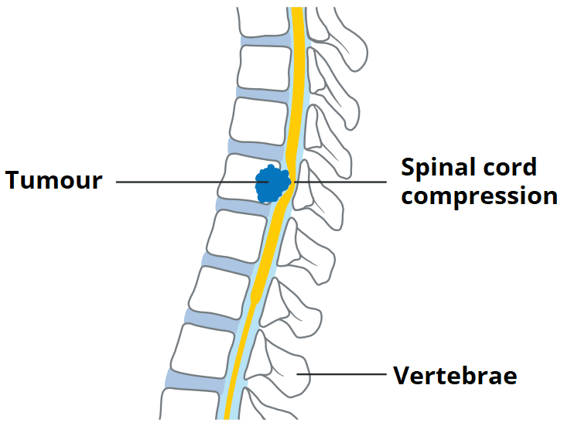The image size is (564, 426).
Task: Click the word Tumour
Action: coord(53,181)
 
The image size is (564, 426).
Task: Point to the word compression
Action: coord(479,196)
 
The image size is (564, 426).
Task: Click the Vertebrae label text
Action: coord(455,377)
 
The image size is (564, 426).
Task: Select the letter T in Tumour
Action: coord(14,181)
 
